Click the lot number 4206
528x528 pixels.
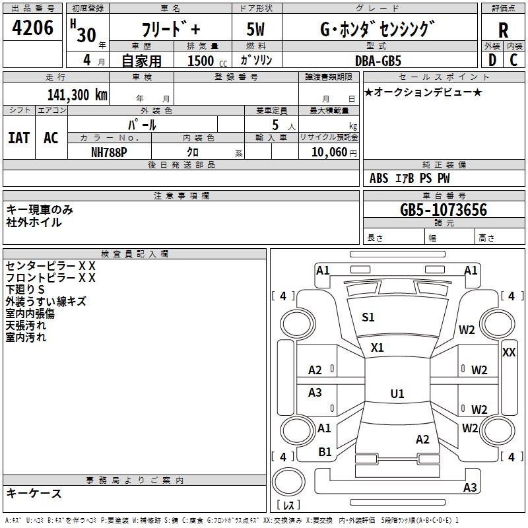[32, 28]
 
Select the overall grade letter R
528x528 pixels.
[503, 30]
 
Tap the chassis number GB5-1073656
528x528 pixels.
[443, 210]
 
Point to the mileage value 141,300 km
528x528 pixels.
[77, 95]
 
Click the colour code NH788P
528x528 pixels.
[109, 152]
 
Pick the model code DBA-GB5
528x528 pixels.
[378, 61]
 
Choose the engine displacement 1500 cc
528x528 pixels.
[207, 61]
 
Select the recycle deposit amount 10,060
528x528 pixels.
[329, 152]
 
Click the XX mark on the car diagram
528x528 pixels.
[508, 352]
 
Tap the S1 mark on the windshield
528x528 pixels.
[368, 317]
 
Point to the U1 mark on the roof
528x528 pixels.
[397, 393]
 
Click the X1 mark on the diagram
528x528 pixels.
[377, 348]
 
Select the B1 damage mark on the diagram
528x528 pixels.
[325, 452]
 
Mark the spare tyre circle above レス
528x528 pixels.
[288, 482]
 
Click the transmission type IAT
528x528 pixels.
[18, 138]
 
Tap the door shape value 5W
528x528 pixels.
[255, 29]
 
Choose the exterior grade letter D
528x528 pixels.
[492, 60]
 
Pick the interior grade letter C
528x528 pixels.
[513, 60]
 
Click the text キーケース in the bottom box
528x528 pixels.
[34, 494]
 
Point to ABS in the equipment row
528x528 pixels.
[379, 178]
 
